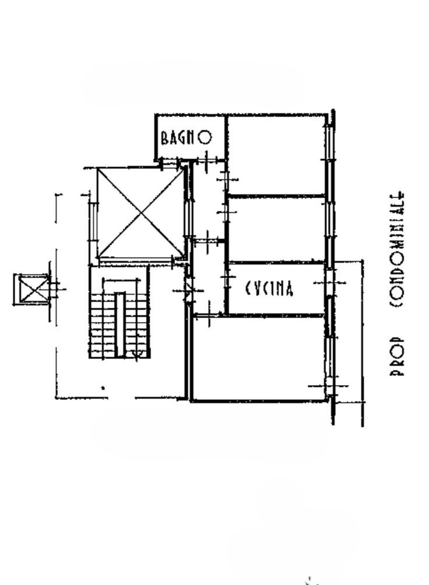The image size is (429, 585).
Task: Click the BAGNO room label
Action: click(186, 138)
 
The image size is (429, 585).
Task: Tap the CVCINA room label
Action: click(269, 288)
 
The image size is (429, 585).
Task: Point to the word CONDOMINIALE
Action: click(396, 249)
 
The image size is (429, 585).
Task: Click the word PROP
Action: click(396, 356)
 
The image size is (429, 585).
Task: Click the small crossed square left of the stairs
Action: click(31, 290)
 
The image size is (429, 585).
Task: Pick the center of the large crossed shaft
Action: click(140, 213)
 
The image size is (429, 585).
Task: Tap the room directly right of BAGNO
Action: click(276, 155)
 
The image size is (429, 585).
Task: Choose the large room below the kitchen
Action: click(258, 358)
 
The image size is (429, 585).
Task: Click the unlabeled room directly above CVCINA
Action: click(276, 229)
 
